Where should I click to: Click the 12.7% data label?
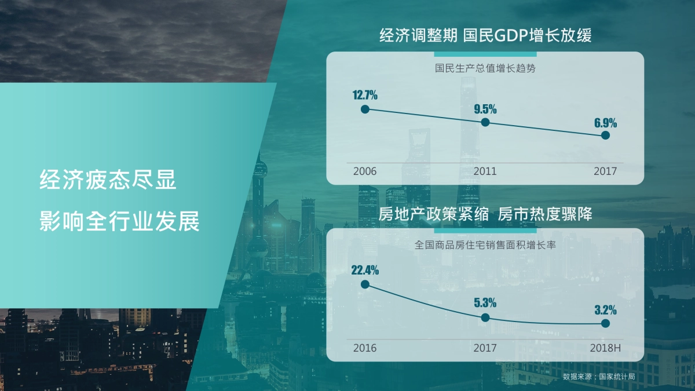[x=365, y=95]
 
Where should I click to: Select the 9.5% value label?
[x=485, y=109]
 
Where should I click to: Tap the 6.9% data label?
[x=605, y=123]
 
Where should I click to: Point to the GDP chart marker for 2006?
[x=365, y=109]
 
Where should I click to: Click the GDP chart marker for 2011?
[x=485, y=123]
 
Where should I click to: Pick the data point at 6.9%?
[x=605, y=136]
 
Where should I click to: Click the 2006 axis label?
[x=365, y=171]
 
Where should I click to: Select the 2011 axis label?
[x=485, y=171]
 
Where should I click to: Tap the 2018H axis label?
[x=605, y=348]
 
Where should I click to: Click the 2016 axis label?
[x=365, y=348]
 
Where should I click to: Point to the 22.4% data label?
[x=365, y=271]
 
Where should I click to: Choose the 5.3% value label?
[x=485, y=302]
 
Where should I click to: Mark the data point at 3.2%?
[x=605, y=323]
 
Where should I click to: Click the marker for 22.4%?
[x=365, y=284]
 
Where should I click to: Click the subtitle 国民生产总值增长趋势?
[x=485, y=68]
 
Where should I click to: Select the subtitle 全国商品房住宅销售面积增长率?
[x=485, y=245]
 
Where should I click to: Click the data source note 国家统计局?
[x=617, y=377]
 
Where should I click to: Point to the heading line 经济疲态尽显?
[x=108, y=180]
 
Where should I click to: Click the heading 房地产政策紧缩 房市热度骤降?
[x=485, y=214]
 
